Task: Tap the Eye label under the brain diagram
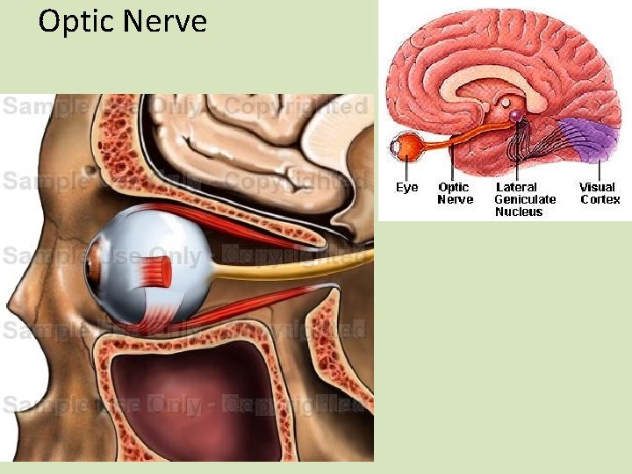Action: coord(406,187)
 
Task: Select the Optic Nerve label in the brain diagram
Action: coord(455,193)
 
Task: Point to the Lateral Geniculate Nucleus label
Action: coord(525,199)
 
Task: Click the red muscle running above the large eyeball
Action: coord(237,224)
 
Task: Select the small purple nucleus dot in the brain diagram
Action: coord(514,115)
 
